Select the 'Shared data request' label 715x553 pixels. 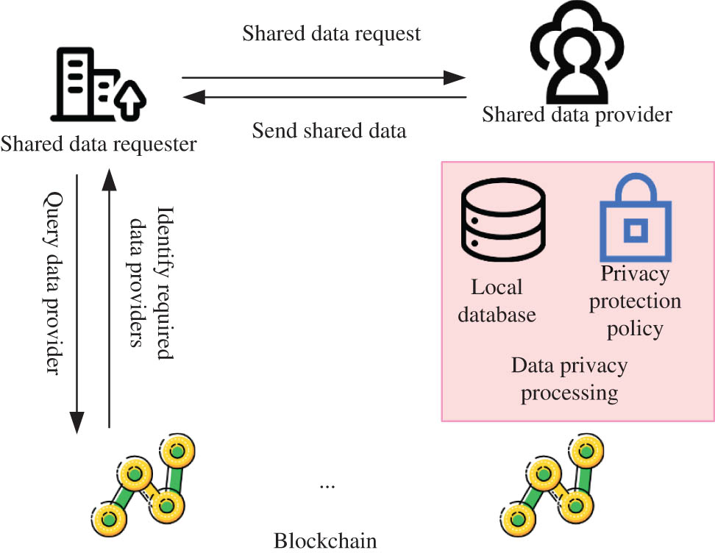coord(332,34)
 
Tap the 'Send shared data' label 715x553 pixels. coord(329,131)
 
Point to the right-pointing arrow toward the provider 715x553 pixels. coord(324,77)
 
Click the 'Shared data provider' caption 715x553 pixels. coord(577,115)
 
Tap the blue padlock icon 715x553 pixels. coord(633,220)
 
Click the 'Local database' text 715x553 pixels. coord(497,301)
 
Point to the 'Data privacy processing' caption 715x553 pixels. coord(569,379)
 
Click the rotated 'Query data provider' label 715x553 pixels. coord(53,283)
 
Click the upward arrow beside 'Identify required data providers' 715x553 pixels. coord(109,302)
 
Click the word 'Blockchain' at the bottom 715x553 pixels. coord(325,541)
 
